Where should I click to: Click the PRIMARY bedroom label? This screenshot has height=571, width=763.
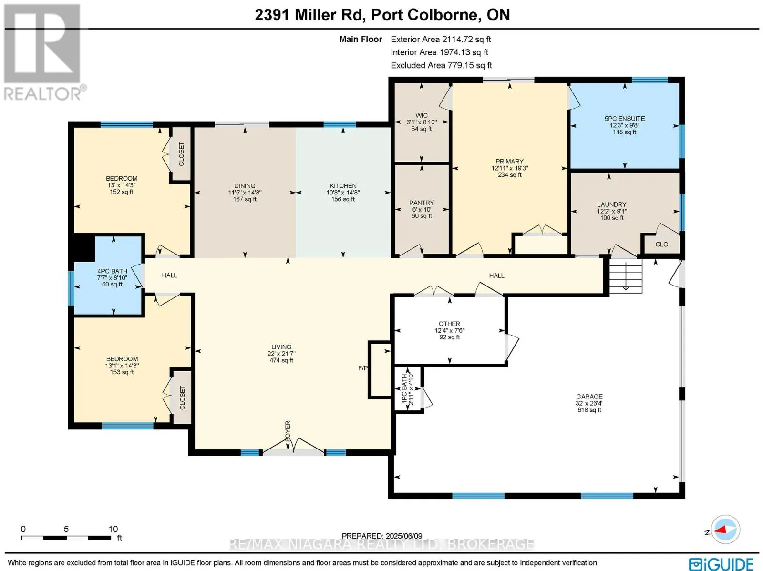tap(509, 162)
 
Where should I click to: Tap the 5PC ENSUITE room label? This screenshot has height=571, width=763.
tap(624, 118)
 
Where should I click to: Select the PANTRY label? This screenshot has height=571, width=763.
tap(421, 203)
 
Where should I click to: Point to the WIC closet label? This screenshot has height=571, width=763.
tap(421, 115)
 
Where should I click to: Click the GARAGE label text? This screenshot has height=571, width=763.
tap(589, 396)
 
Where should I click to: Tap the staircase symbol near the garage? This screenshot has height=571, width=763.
tap(625, 276)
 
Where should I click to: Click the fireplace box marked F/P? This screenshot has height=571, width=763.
tap(380, 369)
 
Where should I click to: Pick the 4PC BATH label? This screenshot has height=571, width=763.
tap(112, 271)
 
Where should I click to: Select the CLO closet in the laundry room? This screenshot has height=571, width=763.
tap(661, 245)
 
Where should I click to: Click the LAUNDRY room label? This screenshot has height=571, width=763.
tap(611, 204)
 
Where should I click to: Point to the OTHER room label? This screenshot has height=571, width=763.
tap(449, 324)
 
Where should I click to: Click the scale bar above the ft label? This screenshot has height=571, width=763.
tap(66, 538)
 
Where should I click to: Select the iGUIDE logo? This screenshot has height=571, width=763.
tap(722, 563)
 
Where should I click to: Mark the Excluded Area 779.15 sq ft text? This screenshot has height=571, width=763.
tap(441, 65)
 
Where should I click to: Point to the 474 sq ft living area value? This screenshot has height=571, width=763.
tap(281, 360)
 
